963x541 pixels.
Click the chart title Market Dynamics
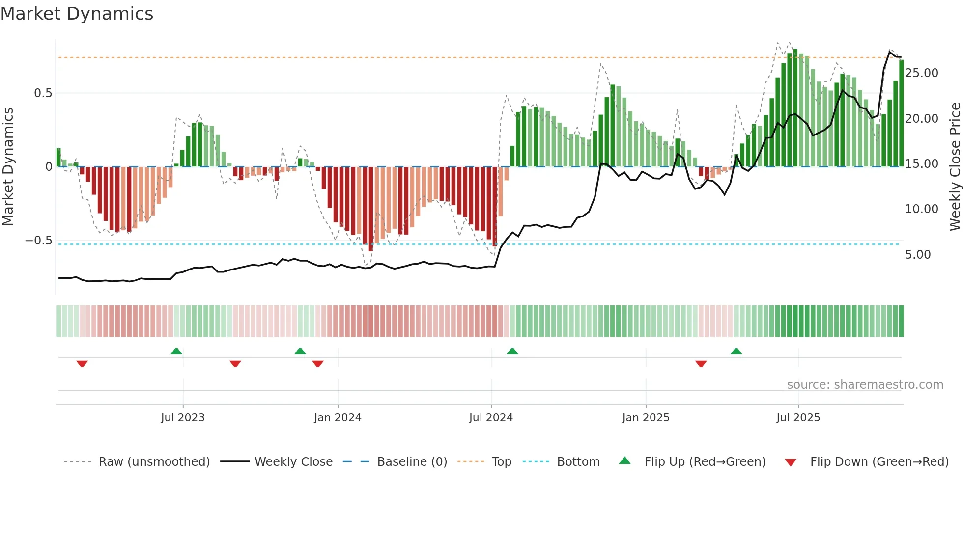[x=77, y=14]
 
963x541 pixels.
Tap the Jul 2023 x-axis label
[x=183, y=418]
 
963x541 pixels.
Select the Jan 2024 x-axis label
[x=338, y=418]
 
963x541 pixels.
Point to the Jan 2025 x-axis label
[x=646, y=418]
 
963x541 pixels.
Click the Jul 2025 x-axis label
[x=798, y=418]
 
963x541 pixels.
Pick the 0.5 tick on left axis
[x=43, y=93]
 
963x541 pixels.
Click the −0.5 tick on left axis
[x=39, y=241]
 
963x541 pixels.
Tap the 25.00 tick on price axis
[x=921, y=73]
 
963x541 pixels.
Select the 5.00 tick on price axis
[x=918, y=255]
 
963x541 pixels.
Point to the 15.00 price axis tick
[x=921, y=164]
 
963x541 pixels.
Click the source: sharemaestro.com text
[x=865, y=385]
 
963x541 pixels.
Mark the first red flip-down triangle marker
[x=82, y=364]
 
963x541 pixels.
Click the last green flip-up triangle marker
[x=736, y=351]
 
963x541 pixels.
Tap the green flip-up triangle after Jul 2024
[x=512, y=351]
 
